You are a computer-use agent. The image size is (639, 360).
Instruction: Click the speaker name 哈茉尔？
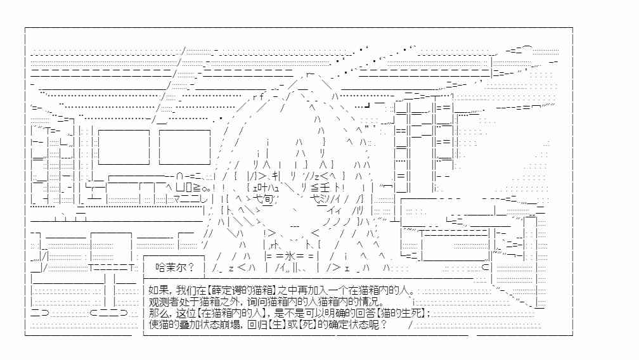(x=175, y=267)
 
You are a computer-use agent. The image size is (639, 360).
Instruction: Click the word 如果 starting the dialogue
(x=158, y=290)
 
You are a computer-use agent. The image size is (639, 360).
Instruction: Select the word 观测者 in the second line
(x=162, y=302)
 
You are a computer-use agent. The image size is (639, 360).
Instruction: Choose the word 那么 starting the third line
(x=158, y=313)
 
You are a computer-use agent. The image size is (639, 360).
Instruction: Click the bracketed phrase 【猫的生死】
(x=403, y=313)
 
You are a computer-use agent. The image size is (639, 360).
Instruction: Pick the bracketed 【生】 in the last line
(x=276, y=325)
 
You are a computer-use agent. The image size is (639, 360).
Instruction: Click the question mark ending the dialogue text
(x=384, y=325)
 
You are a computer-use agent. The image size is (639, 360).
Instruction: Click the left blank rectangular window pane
(x=124, y=147)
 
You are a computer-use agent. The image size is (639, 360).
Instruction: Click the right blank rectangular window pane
(x=184, y=147)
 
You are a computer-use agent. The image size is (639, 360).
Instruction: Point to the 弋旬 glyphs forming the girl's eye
(x=263, y=199)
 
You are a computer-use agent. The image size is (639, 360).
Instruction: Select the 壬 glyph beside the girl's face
(x=325, y=188)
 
